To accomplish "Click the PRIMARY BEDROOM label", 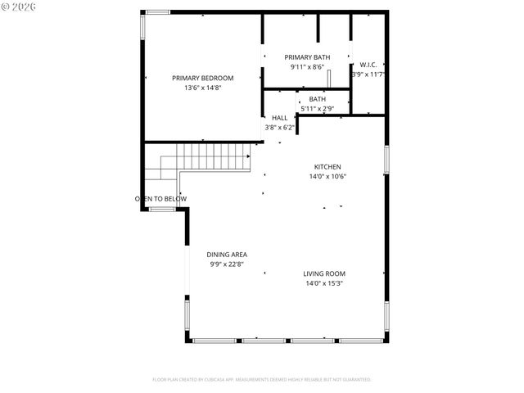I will (196, 78).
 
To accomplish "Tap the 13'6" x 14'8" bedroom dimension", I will (196, 88).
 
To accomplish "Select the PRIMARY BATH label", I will (307, 56).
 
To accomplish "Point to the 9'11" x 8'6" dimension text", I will (307, 66).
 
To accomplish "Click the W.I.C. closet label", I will (368, 65).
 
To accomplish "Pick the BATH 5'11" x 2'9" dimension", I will (317, 108).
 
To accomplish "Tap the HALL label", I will (279, 118).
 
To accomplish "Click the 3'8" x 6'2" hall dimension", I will (279, 128).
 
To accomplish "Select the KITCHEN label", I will (327, 166).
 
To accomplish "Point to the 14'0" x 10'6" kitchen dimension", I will (327, 176).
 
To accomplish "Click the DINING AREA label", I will (227, 255).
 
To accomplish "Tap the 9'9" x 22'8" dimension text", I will (227, 264).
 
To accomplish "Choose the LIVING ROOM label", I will (324, 273).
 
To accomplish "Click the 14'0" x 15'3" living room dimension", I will (324, 283).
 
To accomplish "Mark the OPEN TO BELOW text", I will (161, 199).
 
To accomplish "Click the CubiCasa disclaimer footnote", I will (262, 380).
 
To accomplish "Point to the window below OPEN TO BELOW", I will (162, 210).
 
